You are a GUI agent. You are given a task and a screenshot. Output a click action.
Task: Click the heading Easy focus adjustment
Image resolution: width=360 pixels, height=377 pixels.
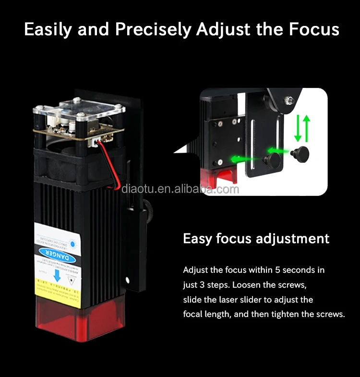click(x=256, y=239)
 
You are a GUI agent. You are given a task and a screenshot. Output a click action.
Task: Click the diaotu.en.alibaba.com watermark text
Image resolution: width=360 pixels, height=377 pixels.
click(x=180, y=189)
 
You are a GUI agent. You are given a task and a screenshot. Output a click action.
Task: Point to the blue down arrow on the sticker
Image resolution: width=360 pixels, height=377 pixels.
click(x=57, y=275)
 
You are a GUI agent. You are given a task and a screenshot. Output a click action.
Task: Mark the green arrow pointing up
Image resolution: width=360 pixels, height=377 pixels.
click(x=307, y=128)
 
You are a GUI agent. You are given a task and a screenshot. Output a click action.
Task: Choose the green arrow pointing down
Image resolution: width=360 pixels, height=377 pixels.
click(x=298, y=128)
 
